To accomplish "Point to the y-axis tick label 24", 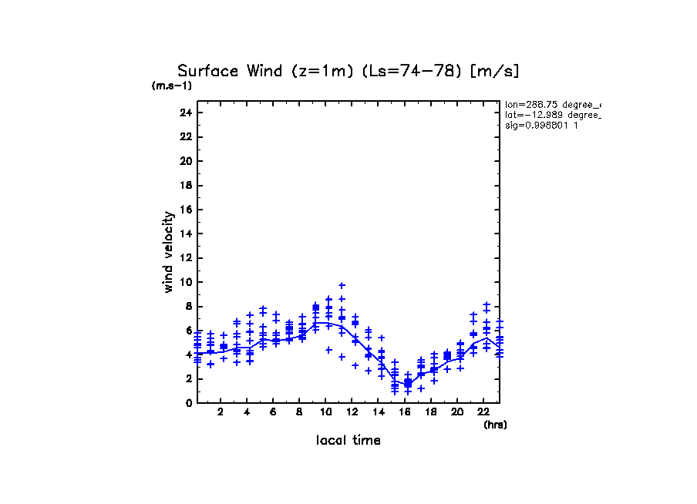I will pos(186,113).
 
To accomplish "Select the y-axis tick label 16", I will pos(186,210).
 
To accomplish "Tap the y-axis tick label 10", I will pos(186,282).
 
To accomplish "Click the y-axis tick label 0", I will pos(189,403).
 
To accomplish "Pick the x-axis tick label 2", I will pos(221,413).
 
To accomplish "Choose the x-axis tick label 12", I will pos(352,413).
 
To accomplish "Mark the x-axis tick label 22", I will pos(483,413).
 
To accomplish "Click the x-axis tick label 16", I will pos(404,413).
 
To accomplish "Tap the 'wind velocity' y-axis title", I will pos(168,252).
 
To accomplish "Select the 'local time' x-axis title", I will pos(348,441).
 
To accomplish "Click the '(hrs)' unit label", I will pos(495,425).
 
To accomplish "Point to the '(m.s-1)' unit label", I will pos(172,86).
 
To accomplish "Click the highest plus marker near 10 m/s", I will pos(342,286).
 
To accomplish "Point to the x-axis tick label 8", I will pos(299,413).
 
